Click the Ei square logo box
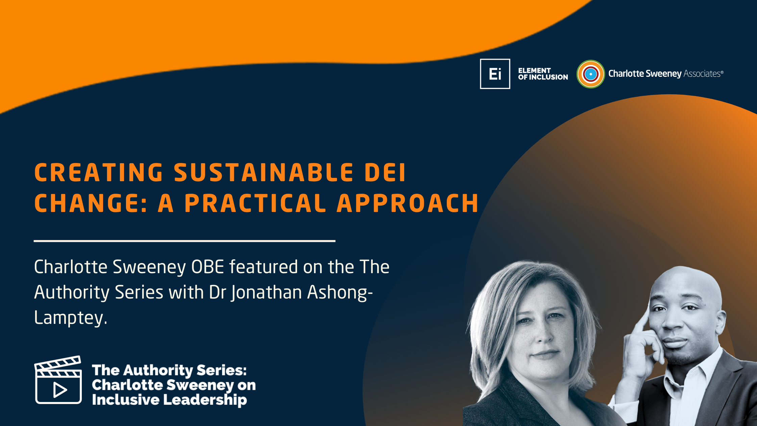tap(495, 74)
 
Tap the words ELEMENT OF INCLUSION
tap(543, 74)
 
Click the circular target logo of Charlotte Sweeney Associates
tap(590, 74)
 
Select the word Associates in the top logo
tap(702, 74)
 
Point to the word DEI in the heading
tap(385, 173)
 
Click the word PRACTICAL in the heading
tap(255, 204)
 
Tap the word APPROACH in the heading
tap(408, 204)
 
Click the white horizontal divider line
tap(185, 241)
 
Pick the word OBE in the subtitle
tap(207, 267)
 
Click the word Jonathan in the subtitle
tap(266, 292)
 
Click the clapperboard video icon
tap(58, 380)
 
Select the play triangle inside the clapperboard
tap(60, 390)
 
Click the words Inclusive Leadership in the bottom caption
tap(169, 400)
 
